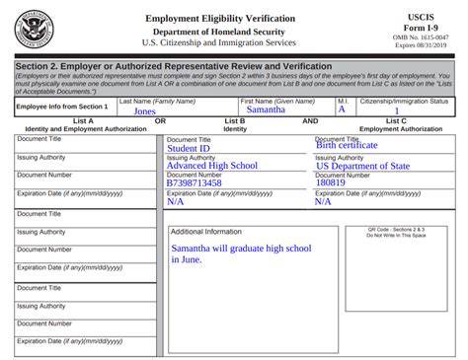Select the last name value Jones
coord(144,111)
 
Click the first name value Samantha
coord(266,109)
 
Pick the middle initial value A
coord(342,109)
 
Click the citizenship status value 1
coord(397,111)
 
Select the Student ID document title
coord(189,149)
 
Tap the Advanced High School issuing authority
coord(211,166)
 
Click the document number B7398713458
coord(195,182)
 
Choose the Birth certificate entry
coord(347,145)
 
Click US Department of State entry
coord(362,166)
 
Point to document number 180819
coord(331,182)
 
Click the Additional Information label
coord(206,232)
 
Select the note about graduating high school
coord(240,253)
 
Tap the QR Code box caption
coord(397,234)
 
